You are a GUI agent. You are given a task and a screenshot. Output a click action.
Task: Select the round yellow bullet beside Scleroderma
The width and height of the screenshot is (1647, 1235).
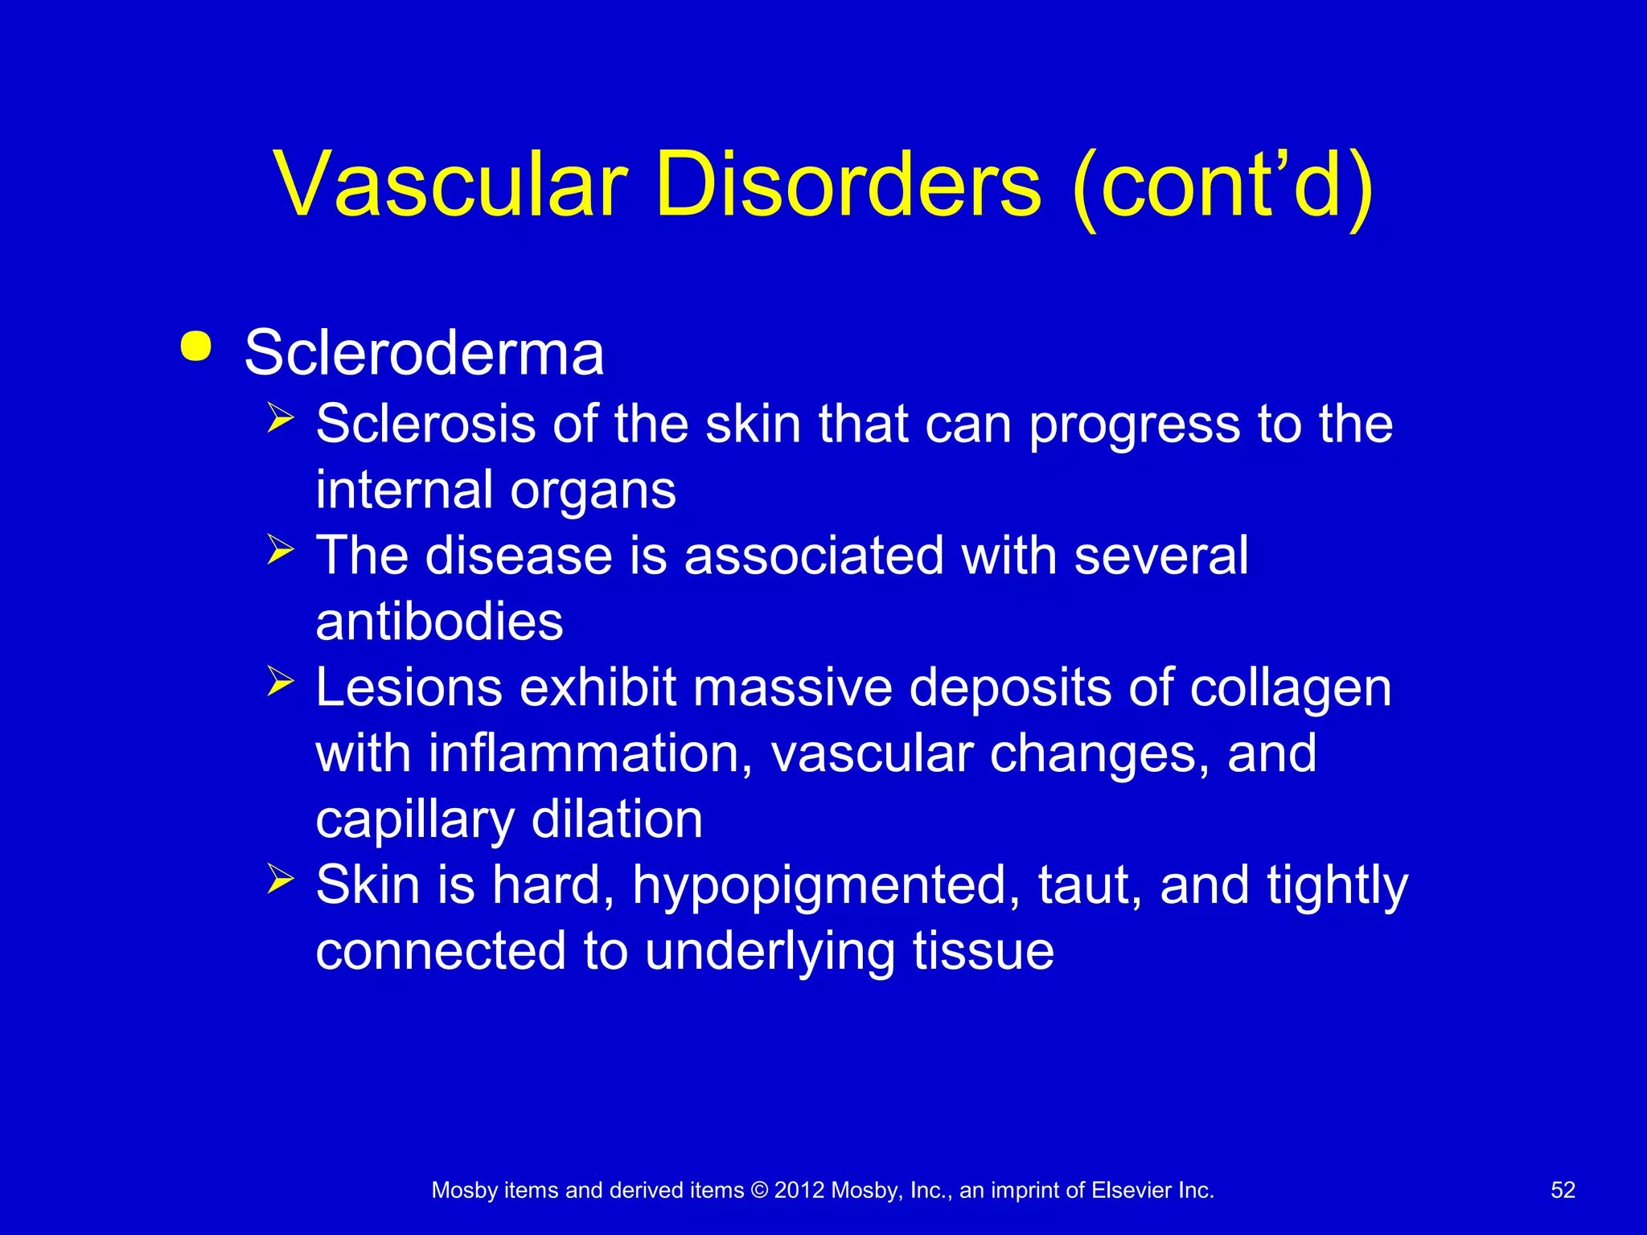coord(196,347)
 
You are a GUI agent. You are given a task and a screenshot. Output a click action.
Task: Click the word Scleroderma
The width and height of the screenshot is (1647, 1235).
coord(424,353)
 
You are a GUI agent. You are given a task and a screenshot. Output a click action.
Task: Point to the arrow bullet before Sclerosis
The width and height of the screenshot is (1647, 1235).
coord(281,418)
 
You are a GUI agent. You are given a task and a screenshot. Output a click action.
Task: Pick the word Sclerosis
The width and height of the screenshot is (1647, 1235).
coord(425,424)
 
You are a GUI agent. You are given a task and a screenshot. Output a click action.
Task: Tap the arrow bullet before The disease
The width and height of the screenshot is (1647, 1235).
coord(281,550)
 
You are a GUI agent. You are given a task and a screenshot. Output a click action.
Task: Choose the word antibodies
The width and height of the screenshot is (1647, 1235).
coord(439,622)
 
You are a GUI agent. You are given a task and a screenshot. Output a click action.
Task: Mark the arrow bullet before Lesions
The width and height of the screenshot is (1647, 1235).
coord(281,682)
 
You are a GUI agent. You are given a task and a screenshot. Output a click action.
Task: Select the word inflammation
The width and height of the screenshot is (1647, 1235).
coord(590,754)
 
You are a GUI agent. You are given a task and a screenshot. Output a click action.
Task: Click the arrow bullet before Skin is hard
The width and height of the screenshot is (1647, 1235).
coord(281,879)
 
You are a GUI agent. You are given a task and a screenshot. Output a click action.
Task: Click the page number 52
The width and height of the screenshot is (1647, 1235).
coord(1563,1190)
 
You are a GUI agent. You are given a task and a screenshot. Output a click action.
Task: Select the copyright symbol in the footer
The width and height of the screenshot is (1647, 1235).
coord(758,1190)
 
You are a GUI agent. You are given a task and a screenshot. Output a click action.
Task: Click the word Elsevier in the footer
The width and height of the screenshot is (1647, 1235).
coord(1132,1190)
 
